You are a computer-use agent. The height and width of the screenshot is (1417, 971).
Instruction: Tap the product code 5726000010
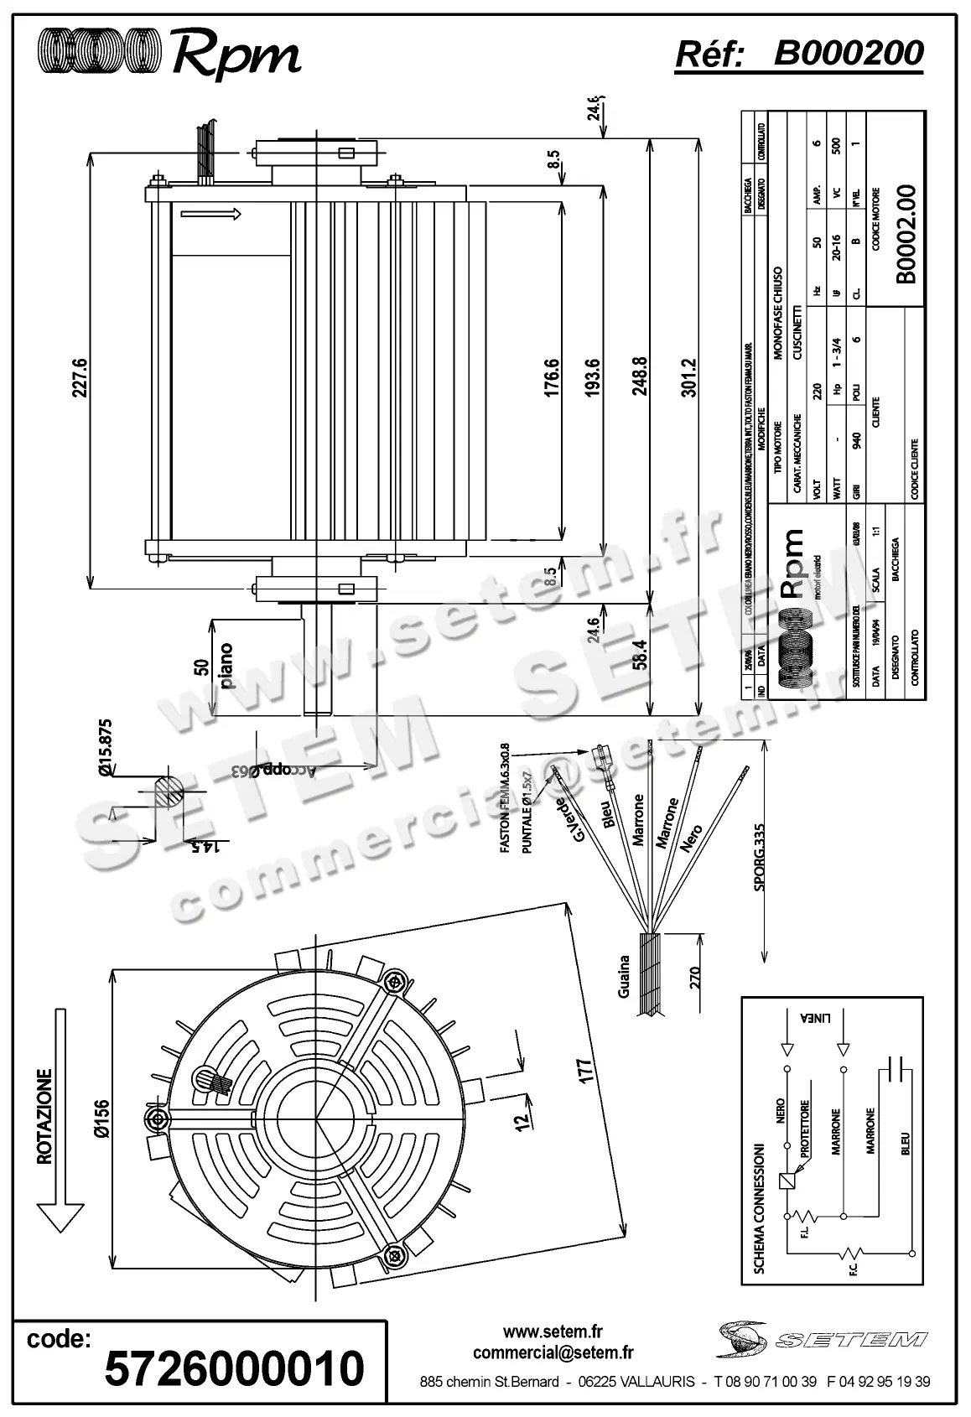[x=234, y=1367]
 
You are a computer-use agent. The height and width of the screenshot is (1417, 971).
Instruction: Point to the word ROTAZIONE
[x=44, y=1115]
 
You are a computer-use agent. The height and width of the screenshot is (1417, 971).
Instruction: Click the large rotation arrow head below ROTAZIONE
[x=61, y=1215]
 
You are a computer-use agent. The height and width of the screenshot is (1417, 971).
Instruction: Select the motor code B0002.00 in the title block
[x=906, y=236]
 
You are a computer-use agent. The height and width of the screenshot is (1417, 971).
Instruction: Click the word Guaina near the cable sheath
[x=623, y=977]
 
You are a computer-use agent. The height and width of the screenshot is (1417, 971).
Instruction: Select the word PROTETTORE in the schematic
[x=805, y=1129]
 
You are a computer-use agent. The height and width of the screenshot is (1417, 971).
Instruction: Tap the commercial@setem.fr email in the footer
[x=553, y=1352]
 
